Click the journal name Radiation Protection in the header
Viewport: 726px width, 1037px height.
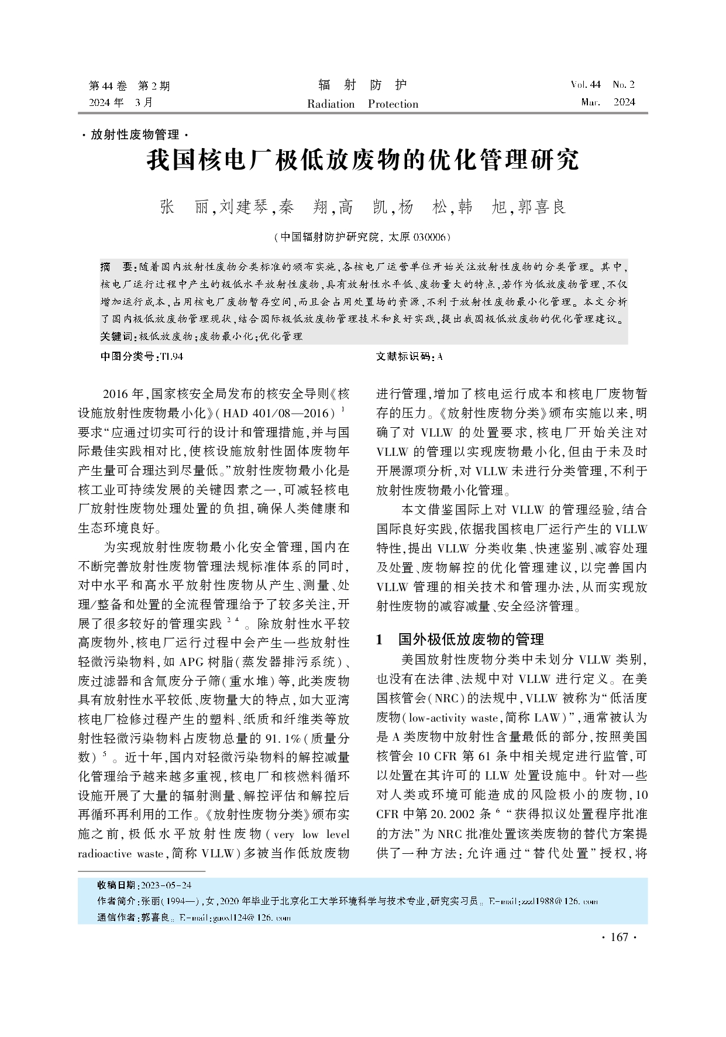coord(363,104)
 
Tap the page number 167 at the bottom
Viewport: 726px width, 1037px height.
coord(619,937)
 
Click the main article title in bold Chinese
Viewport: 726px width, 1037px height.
coord(363,160)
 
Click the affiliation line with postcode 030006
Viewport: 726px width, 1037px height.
coord(363,237)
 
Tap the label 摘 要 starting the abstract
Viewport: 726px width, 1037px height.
coord(117,267)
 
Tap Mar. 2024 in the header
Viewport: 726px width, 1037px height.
coord(608,102)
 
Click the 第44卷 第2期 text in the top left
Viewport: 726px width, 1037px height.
coord(129,86)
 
